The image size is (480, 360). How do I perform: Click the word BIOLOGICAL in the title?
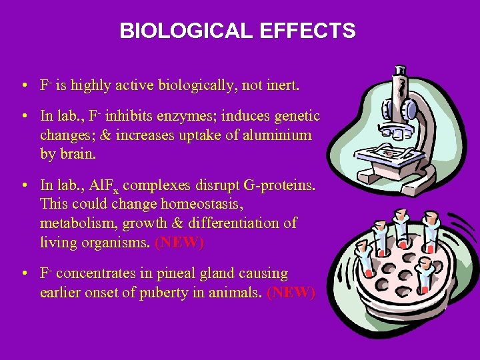click(x=183, y=31)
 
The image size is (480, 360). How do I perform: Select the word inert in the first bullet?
click(x=282, y=86)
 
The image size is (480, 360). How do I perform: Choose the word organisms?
click(x=113, y=242)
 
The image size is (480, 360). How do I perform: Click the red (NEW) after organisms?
click(x=179, y=243)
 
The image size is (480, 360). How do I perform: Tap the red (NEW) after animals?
click(x=290, y=293)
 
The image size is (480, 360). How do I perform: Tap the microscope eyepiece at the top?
click(x=401, y=69)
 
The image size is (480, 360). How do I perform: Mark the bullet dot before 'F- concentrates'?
click(x=23, y=274)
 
